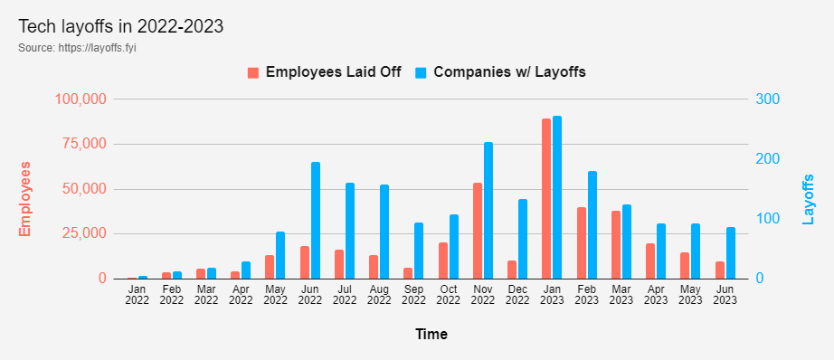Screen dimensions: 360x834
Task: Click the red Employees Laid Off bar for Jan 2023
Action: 546,199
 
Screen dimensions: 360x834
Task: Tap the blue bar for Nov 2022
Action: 488,211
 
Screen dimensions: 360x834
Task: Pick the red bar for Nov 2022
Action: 477,231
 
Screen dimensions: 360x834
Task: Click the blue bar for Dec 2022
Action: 523,239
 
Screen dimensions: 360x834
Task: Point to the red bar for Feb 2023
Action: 582,243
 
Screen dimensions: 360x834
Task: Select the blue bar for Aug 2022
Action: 384,232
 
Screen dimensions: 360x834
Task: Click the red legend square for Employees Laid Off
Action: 253,72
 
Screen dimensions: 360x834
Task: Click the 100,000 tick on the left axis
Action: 81,99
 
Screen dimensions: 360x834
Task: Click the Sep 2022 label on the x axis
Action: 413,294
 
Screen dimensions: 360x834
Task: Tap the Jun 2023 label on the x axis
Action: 725,294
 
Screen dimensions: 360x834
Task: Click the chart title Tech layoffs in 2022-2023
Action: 120,26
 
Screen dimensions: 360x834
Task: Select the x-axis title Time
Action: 431,334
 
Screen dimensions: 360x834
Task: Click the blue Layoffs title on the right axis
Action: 809,199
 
